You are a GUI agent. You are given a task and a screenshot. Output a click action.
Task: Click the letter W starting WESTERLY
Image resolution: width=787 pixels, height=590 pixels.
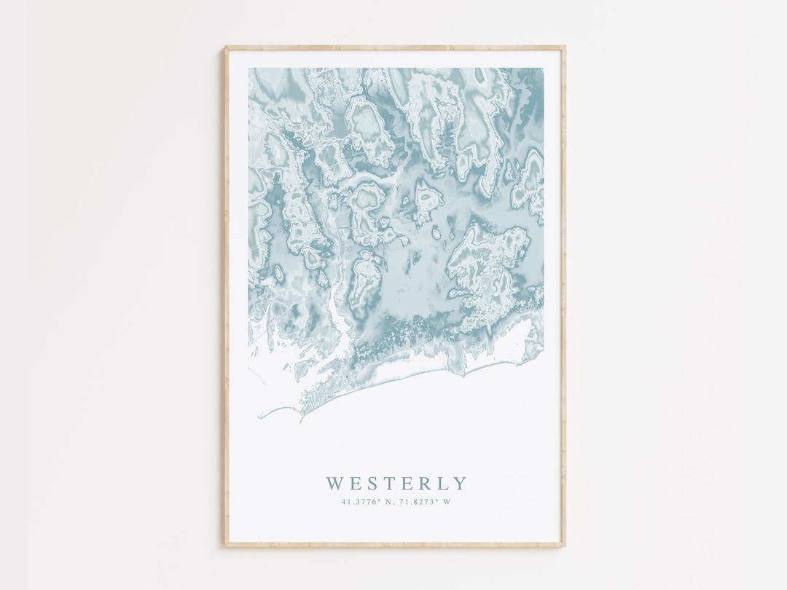point(334,483)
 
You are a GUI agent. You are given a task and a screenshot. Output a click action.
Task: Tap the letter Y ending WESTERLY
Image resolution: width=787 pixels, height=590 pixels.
point(458,483)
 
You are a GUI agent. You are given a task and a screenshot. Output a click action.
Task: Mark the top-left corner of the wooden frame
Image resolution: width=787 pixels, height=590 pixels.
point(225,47)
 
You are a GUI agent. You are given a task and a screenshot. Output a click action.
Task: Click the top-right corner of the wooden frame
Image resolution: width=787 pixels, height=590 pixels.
point(565,47)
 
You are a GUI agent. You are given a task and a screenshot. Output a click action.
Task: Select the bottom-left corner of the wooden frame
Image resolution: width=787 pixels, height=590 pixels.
point(225,546)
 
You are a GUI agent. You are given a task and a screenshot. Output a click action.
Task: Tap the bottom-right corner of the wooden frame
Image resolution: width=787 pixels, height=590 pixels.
point(565,546)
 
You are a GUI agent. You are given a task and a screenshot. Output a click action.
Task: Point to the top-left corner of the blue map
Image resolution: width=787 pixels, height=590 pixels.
point(248,68)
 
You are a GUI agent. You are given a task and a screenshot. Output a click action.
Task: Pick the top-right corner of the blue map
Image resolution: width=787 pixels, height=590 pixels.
point(543,68)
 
